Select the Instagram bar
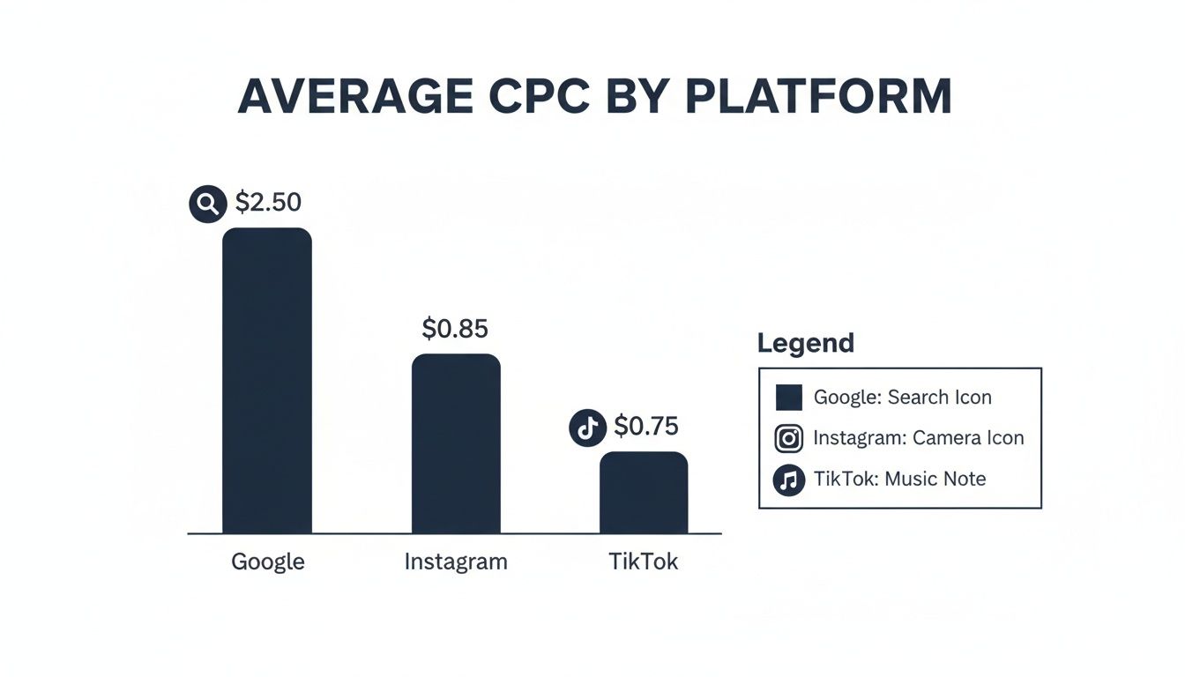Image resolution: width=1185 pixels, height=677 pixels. point(456,443)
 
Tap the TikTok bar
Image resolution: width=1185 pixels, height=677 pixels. point(644,493)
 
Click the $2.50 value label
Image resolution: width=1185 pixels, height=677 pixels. point(268,203)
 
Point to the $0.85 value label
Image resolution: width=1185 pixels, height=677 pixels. point(455,329)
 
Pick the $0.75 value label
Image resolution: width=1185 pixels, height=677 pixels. point(646,427)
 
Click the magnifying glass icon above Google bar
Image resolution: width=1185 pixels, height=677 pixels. point(208,204)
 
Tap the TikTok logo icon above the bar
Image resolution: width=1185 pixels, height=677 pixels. point(588,428)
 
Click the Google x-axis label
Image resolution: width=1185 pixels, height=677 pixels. point(268,562)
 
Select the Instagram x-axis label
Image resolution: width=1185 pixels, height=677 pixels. point(456,562)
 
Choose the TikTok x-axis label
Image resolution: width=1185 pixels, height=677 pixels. point(644,562)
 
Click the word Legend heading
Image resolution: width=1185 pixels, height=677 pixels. point(806,343)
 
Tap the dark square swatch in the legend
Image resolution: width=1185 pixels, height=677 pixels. point(788,398)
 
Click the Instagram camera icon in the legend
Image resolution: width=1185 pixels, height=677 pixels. point(788,438)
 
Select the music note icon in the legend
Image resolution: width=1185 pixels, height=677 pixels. point(788,480)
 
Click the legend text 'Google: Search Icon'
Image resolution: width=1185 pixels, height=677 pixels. point(902,398)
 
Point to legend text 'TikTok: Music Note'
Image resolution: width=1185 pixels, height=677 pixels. point(899,480)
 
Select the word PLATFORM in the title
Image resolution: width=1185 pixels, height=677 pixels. point(818,97)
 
